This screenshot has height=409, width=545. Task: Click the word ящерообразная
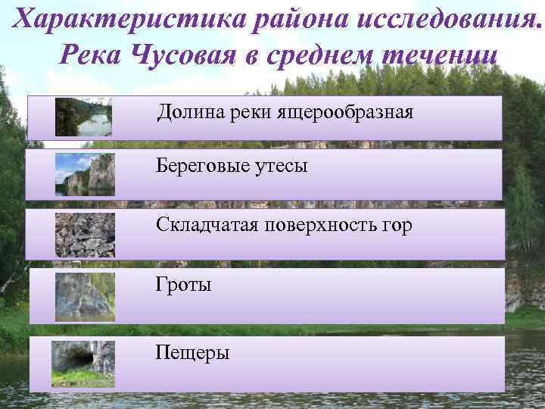pos(348,114)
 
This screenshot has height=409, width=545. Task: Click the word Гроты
pos(184,285)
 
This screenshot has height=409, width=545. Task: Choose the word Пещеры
pos(192,353)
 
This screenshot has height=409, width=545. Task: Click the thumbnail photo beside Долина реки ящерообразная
pos(83,117)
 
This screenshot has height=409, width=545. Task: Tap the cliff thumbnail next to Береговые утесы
pos(85,175)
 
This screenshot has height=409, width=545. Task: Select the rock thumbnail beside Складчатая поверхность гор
pos(85,235)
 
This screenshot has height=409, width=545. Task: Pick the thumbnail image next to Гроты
pos(85,296)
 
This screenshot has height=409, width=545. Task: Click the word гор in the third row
pos(397,225)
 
